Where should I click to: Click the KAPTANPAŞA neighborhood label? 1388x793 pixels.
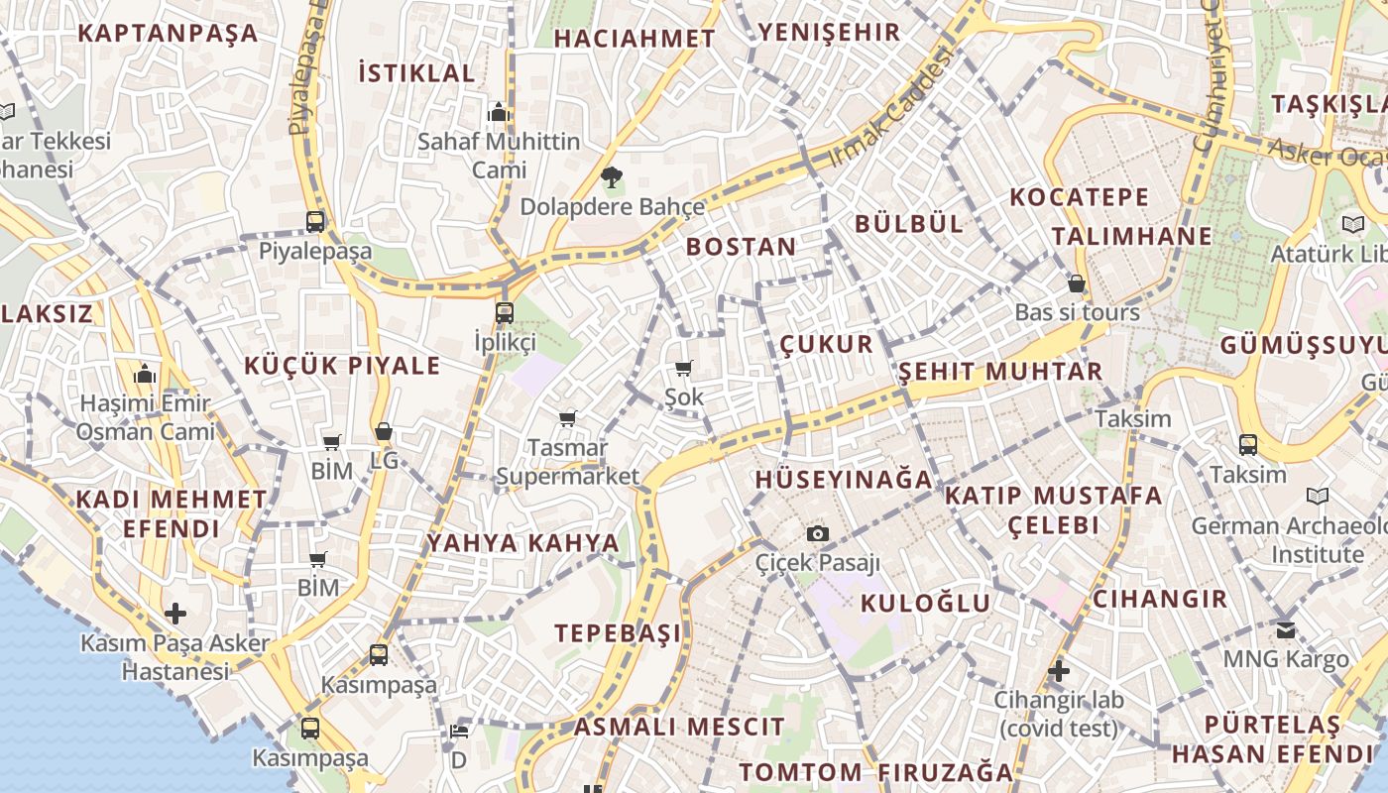tap(168, 33)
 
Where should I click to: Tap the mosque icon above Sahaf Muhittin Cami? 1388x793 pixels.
tap(499, 111)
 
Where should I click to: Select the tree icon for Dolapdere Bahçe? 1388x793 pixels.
tap(612, 178)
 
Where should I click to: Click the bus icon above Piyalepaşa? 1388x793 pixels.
tap(315, 221)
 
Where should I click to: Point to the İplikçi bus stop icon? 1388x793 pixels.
tap(505, 313)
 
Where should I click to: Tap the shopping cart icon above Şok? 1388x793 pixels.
tap(683, 369)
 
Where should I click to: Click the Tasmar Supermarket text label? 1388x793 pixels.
tap(568, 462)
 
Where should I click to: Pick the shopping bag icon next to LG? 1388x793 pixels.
tap(384, 431)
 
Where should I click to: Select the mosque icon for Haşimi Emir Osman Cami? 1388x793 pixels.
tap(145, 375)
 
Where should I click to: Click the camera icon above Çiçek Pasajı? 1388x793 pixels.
tap(818, 534)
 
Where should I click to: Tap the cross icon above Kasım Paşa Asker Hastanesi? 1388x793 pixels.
tap(175, 614)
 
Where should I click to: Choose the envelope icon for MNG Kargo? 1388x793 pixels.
tap(1286, 629)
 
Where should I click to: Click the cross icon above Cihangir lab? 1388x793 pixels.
tap(1059, 671)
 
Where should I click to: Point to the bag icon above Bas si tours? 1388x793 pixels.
tap(1077, 283)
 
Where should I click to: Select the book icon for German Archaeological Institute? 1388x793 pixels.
tap(1318, 496)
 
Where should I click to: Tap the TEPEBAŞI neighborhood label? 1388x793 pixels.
tap(618, 633)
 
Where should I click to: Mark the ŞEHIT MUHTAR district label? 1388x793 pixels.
tap(1000, 372)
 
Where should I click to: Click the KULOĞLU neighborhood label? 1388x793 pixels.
tap(925, 603)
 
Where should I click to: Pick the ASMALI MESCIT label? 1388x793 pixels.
tap(679, 728)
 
